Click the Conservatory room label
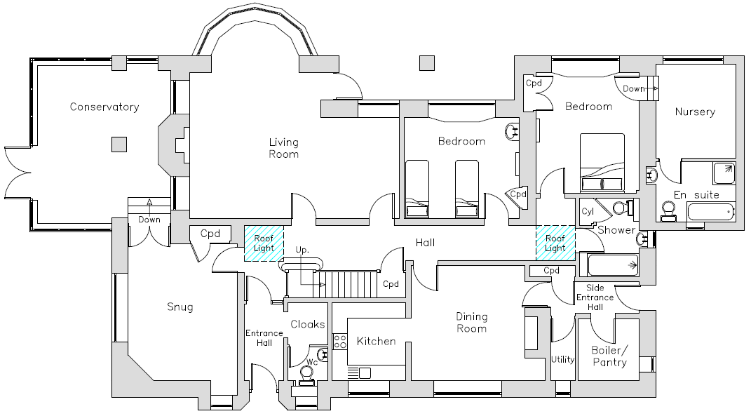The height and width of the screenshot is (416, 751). pos(104,107)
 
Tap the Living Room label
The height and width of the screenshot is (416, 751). pos(283,148)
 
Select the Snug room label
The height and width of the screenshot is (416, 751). pos(180,307)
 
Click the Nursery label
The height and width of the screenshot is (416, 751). pos(695,112)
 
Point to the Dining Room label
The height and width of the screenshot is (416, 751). pos(471,322)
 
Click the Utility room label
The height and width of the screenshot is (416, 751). pos(562,359)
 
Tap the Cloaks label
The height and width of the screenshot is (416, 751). pos(308,324)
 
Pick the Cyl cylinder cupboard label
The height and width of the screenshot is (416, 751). pos(587,210)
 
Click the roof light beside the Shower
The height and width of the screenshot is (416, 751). pos(555,243)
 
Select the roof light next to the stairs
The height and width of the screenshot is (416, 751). pos(264,243)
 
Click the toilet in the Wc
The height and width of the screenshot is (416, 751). pos(306,374)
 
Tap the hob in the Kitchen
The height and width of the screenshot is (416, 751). pos(340,342)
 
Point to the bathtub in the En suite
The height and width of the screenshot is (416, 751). pos(710,211)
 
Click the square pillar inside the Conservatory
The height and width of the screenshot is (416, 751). pos(119,145)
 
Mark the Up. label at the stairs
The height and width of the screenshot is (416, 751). pos(303,250)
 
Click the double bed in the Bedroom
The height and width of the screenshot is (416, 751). pos(602,163)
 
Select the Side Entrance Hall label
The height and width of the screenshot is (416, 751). pos(595,297)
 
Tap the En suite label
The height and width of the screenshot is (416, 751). pos(696,194)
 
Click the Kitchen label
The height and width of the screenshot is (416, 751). pos(377,342)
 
